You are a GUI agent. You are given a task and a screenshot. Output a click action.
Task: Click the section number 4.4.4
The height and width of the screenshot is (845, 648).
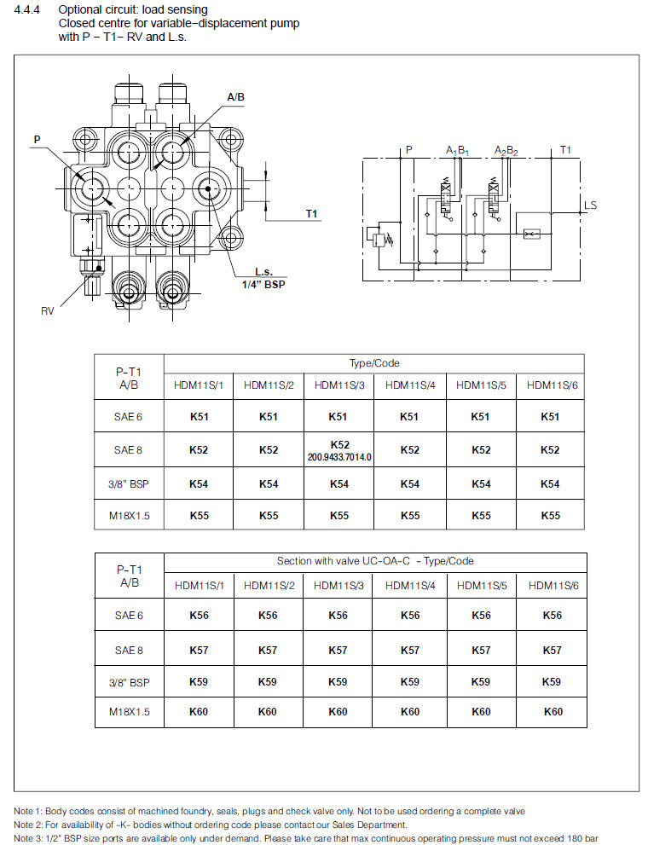click(29, 9)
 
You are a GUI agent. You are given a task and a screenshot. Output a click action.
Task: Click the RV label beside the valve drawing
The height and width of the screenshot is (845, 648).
click(48, 311)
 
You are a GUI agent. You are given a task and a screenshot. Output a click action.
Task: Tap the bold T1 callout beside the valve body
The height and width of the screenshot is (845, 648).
click(311, 213)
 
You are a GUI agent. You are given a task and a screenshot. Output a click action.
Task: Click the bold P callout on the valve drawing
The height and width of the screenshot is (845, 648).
click(37, 138)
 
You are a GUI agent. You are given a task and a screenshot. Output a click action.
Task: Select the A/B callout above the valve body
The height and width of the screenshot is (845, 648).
click(236, 97)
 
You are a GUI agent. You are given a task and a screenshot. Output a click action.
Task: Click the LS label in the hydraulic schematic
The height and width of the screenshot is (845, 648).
click(590, 205)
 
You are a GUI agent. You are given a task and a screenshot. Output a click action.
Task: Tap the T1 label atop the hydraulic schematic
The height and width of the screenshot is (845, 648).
click(565, 150)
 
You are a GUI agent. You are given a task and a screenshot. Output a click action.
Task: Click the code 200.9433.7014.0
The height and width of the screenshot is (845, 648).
click(339, 457)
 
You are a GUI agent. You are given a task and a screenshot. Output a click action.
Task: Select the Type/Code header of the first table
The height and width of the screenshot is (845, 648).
click(373, 363)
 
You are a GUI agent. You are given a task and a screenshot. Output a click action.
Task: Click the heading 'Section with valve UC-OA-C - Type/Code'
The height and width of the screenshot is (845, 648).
click(374, 561)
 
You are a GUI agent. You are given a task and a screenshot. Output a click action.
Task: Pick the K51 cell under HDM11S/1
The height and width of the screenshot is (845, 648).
click(198, 417)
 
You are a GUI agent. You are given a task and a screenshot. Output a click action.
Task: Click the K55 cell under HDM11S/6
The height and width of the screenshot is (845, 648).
click(551, 515)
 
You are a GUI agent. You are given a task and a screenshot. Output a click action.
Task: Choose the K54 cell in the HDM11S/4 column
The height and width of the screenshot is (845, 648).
click(409, 483)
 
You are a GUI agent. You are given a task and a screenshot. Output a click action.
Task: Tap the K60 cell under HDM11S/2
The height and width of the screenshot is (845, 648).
click(269, 712)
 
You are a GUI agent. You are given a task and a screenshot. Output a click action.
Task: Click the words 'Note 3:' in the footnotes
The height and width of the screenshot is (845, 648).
click(31, 839)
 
